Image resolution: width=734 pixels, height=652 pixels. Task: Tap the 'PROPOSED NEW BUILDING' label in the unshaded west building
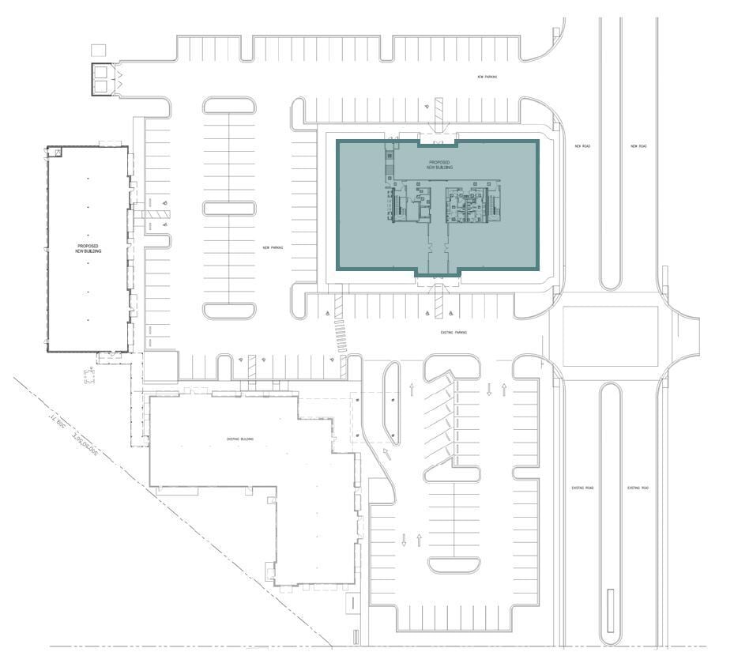88,248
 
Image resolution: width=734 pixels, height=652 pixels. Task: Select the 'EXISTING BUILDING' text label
240,439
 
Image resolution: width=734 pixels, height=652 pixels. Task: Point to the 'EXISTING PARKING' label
454,333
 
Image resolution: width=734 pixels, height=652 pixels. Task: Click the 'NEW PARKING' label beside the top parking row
487,77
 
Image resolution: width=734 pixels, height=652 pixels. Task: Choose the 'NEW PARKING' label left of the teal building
273,247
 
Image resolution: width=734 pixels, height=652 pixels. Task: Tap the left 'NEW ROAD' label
583,146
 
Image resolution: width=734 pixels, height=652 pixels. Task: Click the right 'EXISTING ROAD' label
638,488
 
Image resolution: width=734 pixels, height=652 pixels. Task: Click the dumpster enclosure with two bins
104,80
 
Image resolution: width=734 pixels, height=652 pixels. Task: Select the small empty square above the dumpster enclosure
98,50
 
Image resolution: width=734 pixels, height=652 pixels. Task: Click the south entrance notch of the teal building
438,273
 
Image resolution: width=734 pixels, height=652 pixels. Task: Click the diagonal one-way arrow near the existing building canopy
388,453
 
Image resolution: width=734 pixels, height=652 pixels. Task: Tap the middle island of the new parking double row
229,209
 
